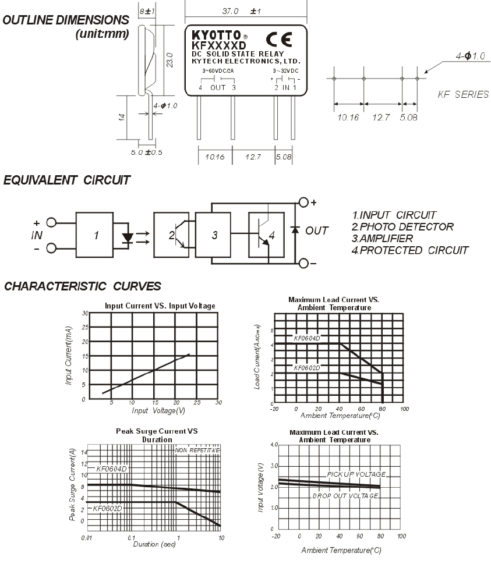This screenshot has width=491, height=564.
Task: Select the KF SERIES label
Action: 463,94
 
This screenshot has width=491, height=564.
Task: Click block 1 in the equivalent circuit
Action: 96,236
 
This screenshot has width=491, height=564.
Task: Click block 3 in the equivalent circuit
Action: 214,235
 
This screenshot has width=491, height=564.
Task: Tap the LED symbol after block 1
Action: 128,238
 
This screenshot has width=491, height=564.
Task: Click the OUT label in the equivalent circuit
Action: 317,230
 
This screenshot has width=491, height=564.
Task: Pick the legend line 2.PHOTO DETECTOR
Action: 403,226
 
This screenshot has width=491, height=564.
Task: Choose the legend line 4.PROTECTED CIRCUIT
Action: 411,250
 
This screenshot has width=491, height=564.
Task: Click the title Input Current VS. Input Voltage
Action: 160,306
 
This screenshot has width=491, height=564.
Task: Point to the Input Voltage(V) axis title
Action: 158,410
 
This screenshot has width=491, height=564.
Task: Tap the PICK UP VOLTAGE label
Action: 356,474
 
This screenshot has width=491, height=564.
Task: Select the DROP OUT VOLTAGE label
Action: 345,496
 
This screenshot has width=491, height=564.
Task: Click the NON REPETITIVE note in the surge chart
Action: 198,450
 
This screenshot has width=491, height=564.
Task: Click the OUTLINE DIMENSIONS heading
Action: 66,20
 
